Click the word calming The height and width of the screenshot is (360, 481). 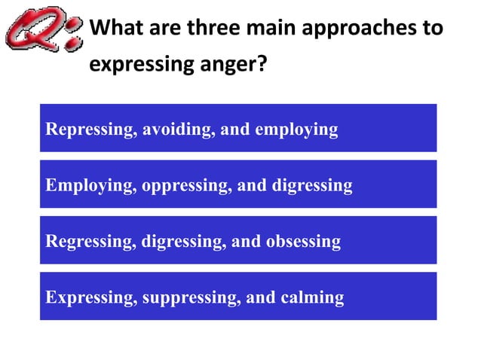click(311, 298)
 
